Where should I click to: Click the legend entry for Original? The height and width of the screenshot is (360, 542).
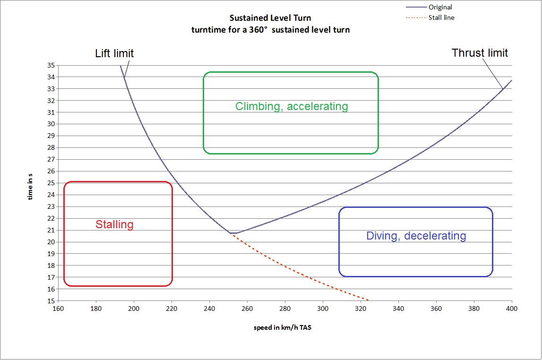coord(440,7)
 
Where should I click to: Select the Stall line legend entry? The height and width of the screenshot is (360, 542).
coord(441,18)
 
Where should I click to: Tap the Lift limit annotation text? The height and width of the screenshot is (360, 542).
coord(114,53)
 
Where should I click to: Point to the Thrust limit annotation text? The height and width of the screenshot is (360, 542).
coord(480,52)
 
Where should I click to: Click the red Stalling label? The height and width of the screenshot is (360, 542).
coord(114,224)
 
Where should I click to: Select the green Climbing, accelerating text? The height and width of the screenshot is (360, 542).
coord(292,106)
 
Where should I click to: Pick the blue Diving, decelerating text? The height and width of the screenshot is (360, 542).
coord(416,236)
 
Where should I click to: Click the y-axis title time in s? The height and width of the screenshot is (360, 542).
coord(30,186)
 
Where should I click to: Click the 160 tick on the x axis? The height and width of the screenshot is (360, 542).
coord(58,309)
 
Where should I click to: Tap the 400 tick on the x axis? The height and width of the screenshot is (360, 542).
coord(512,309)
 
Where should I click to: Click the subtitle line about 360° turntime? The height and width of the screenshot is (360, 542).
coord(270,30)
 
